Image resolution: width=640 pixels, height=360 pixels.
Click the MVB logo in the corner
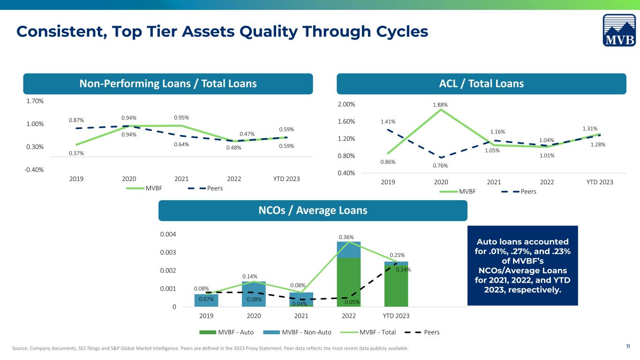(619, 30)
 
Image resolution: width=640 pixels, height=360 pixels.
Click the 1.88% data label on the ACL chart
(440, 105)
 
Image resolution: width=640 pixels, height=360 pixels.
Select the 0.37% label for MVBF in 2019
(76, 153)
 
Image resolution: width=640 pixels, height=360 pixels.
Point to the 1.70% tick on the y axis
(35, 101)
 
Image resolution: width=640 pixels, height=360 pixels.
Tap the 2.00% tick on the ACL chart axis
(346, 104)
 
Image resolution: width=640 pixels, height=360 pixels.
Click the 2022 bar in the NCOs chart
(348, 274)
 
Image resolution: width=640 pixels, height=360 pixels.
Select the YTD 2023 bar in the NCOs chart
(396, 284)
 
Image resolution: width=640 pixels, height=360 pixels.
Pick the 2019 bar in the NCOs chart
(206, 300)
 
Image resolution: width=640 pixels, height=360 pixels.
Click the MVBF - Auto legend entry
(226, 332)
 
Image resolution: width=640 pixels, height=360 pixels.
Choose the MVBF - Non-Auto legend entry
(297, 332)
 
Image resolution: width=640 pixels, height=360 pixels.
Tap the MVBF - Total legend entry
(368, 332)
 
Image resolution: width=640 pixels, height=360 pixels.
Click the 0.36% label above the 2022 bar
(346, 237)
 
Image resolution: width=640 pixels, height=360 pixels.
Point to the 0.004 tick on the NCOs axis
(168, 234)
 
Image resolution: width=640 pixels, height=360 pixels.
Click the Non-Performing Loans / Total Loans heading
(168, 84)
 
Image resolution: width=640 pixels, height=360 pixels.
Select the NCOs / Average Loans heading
(313, 210)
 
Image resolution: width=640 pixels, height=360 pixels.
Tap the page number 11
(628, 346)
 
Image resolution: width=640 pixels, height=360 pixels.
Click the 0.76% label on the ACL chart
(440, 166)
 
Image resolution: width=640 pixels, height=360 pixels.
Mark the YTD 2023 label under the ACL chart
(600, 182)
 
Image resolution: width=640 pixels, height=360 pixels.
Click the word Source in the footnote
(20, 348)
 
